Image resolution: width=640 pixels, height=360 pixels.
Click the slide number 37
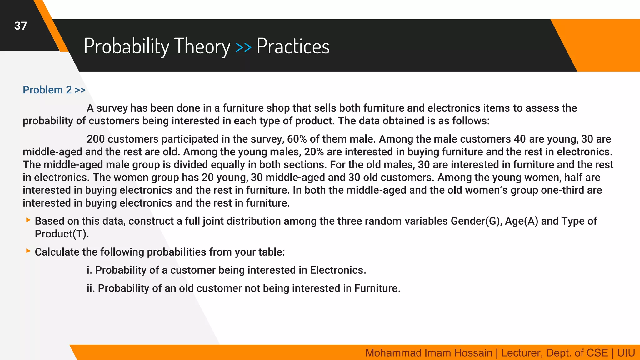21,26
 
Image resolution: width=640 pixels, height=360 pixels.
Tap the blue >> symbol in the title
243,47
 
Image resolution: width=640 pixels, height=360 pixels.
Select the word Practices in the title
293,46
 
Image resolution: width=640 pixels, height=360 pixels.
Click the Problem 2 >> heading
54,90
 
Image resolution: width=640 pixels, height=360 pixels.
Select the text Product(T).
62,234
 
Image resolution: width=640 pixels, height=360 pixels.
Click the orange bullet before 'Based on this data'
28,220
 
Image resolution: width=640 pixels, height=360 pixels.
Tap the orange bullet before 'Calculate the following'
28,251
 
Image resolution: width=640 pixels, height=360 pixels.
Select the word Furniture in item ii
377,288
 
